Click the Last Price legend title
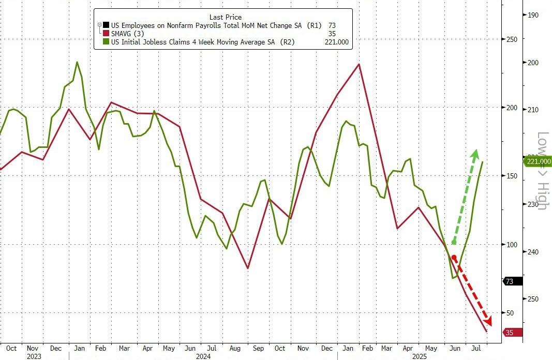225,17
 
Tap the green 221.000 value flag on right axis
538,162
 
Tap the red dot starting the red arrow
454,258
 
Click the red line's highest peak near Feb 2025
359,64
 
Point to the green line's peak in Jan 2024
77,62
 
